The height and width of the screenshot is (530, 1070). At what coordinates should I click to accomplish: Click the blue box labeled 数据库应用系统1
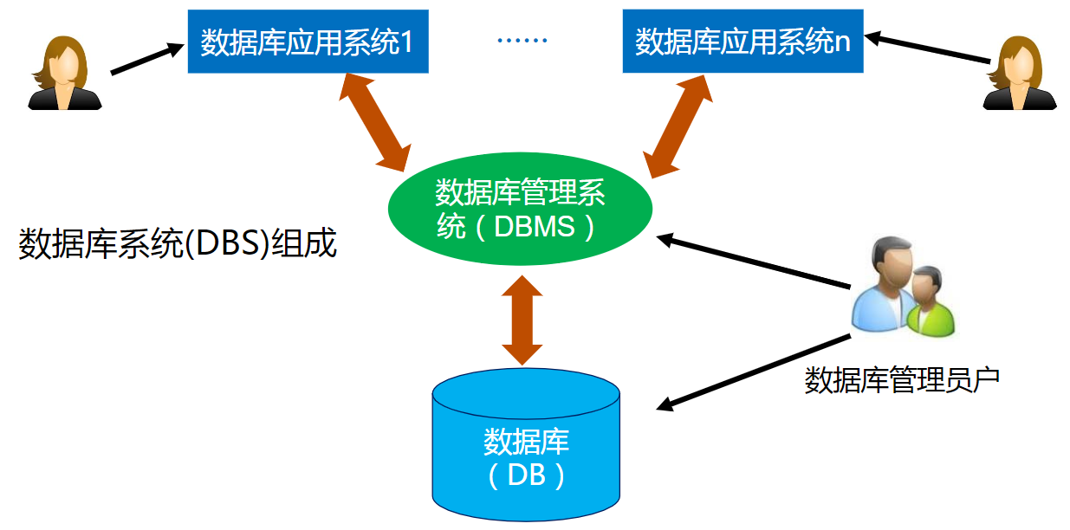pyautogui.click(x=308, y=41)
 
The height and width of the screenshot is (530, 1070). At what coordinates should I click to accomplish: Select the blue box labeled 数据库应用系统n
pyautogui.click(x=743, y=41)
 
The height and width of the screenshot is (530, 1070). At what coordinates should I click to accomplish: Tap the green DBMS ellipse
pyautogui.click(x=519, y=209)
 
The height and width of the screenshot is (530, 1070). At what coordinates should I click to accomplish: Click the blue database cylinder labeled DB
pyautogui.click(x=526, y=446)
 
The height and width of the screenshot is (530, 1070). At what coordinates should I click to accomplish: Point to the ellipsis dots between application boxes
pyautogui.click(x=523, y=41)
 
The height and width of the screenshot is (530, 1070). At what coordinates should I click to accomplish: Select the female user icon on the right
pyautogui.click(x=1020, y=73)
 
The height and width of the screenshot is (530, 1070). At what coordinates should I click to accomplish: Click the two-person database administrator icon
pyautogui.click(x=901, y=290)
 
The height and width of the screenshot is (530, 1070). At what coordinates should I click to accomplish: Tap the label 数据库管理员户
pyautogui.click(x=902, y=379)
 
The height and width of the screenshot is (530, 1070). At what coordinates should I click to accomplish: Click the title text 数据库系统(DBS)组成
pyautogui.click(x=178, y=244)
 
